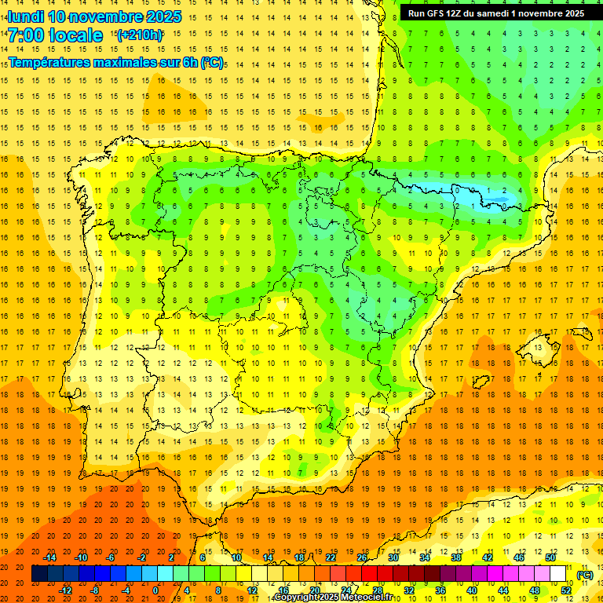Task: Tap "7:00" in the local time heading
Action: coord(25,35)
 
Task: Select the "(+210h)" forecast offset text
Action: coord(139,35)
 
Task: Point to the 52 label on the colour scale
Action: coord(566,590)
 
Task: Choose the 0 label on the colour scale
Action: coord(155,590)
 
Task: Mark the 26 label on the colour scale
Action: coord(362,557)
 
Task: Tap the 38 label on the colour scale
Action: coord(455,557)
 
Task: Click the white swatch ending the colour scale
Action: coord(558,574)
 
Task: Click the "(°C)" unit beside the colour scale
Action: coord(586,574)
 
